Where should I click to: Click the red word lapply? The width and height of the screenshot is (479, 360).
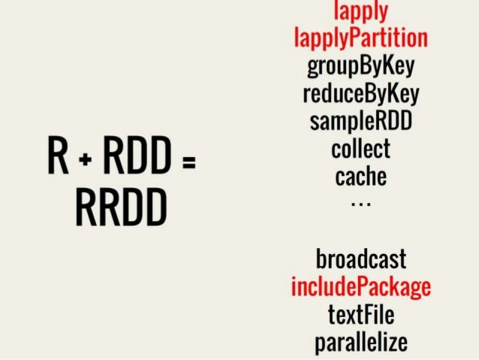pos(360,10)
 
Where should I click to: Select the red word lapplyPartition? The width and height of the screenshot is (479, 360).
pos(360,37)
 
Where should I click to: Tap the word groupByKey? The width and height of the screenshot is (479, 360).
pos(360,66)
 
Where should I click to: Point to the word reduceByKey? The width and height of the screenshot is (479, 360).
pos(360,94)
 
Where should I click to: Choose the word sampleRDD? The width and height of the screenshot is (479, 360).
pos(360,121)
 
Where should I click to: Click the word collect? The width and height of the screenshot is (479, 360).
pos(360,148)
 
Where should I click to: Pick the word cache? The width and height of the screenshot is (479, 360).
pos(360,177)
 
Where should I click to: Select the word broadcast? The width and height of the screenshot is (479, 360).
pos(360,259)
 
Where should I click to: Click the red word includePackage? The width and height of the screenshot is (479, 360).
pos(360,287)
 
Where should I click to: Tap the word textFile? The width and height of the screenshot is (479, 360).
pos(360,314)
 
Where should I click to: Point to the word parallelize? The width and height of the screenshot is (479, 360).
pos(360,343)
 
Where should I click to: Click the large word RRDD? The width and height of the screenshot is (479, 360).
pos(120,209)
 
